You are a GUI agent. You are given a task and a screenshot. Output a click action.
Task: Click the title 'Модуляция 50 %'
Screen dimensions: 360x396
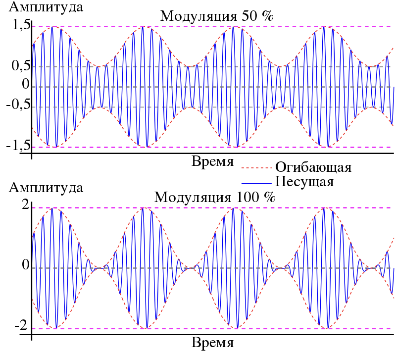217,16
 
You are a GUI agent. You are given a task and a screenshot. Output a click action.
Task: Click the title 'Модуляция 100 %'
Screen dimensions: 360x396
215,197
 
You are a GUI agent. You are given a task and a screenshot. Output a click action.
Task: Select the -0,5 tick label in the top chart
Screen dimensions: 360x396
18,105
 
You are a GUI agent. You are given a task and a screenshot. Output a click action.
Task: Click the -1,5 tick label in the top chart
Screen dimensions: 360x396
18,146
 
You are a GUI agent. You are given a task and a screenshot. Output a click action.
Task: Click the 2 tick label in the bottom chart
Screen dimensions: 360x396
25,206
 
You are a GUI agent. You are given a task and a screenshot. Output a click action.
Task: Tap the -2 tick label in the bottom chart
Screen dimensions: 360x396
21,326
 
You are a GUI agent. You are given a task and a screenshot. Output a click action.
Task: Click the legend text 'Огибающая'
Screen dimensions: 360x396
313,167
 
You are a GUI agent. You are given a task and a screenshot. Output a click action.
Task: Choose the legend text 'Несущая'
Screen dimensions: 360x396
304,181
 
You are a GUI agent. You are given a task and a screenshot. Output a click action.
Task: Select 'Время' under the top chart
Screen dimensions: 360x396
212,162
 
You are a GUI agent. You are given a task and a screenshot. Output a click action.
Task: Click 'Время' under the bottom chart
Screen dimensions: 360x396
212,343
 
